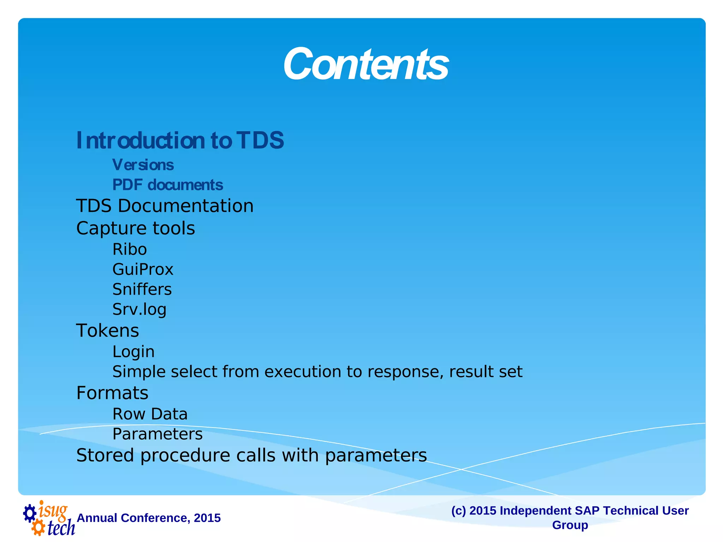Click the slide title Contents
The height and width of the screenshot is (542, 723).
366,65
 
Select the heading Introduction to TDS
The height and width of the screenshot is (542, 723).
180,140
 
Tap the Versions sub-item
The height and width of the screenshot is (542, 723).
143,165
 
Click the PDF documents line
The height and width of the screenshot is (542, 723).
168,185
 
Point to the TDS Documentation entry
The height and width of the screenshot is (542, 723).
165,206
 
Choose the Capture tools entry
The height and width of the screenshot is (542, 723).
136,228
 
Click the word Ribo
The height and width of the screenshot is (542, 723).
130,249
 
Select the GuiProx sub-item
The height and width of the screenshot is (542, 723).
143,270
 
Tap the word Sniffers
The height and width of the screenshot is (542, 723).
142,289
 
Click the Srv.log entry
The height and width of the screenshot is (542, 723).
139,309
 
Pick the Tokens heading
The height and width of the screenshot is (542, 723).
108,331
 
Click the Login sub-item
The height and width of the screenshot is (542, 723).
133,352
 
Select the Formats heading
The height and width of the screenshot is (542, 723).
112,393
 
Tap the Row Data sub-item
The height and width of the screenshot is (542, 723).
150,414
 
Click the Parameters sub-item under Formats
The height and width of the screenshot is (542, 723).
157,434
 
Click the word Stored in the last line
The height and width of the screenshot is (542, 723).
105,455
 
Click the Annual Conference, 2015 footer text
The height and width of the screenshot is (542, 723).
149,518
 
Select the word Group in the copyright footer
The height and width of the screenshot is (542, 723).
570,525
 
